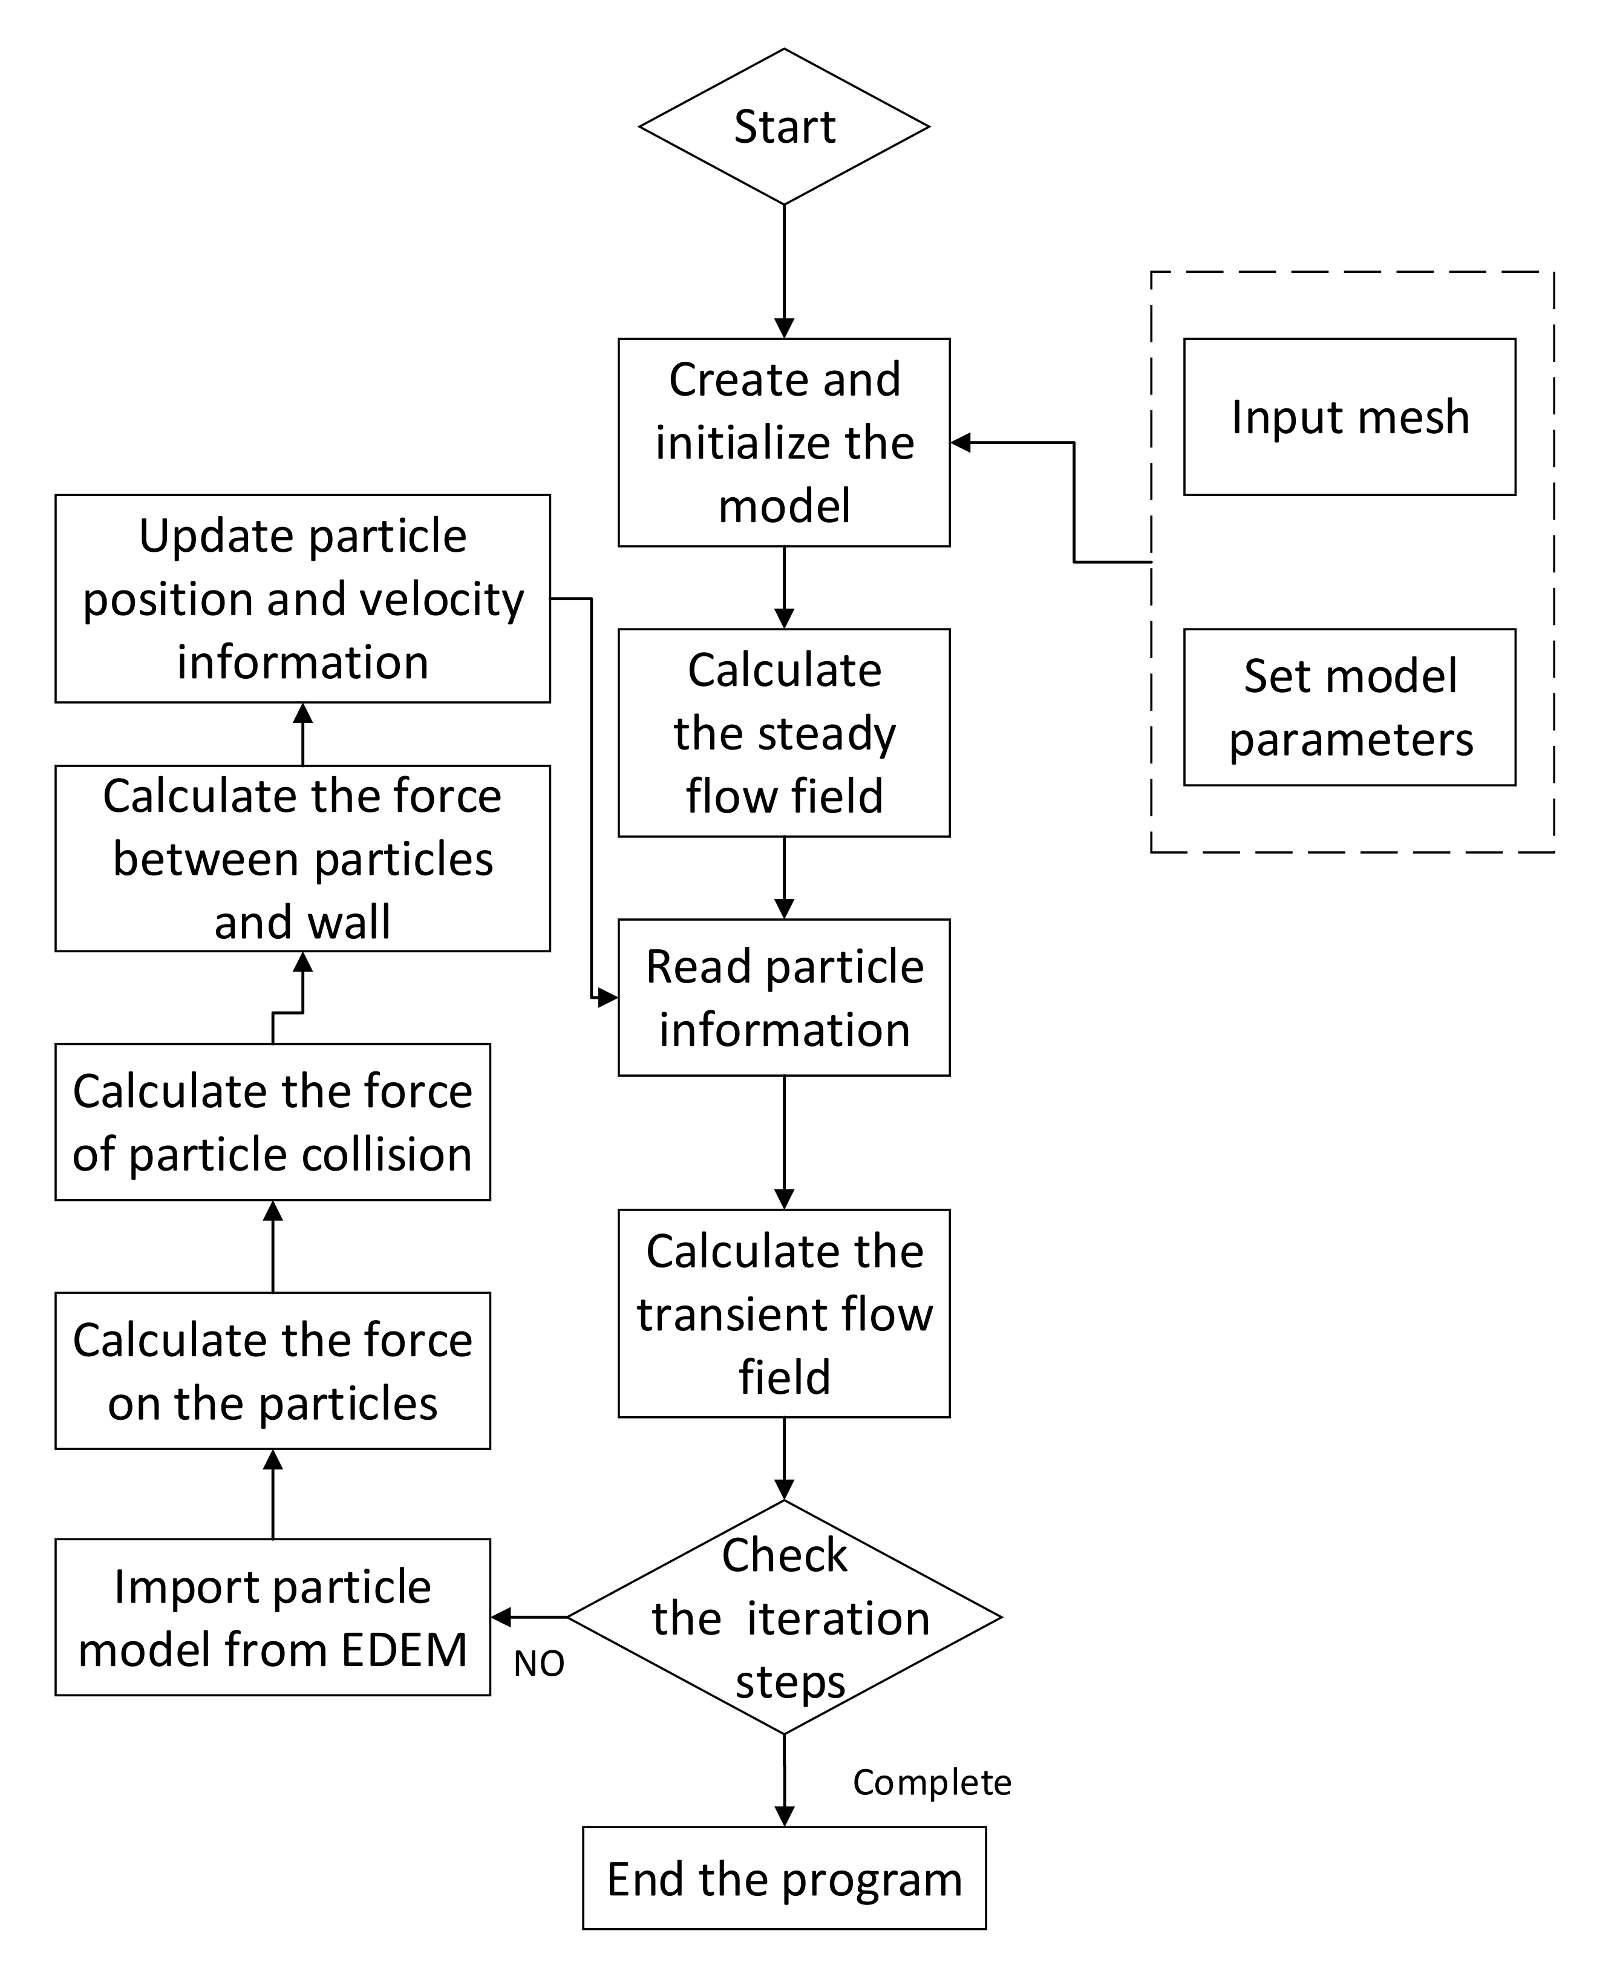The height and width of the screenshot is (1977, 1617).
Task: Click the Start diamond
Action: coord(783,126)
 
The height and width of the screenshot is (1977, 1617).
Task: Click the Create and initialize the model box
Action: coord(783,442)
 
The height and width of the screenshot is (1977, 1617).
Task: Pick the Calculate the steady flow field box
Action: coord(783,733)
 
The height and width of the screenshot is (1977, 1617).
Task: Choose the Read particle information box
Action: coord(783,998)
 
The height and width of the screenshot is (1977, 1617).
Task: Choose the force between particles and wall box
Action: coord(302,858)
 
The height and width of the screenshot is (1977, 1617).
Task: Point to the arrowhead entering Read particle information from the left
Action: coord(608,998)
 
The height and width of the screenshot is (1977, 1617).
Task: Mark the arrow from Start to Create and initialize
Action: coord(783,270)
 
